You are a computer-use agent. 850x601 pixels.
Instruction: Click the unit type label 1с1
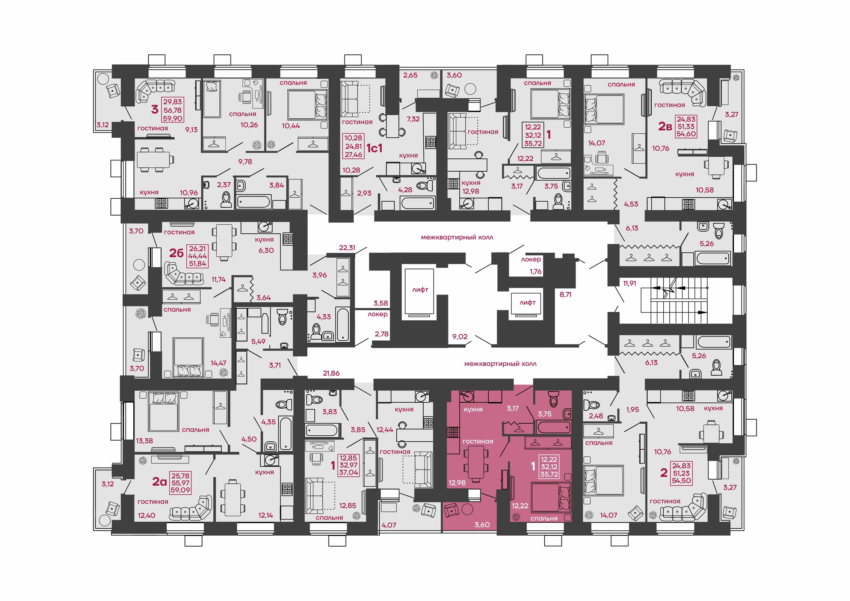[374, 148]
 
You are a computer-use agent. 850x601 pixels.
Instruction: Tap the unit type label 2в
[665, 127]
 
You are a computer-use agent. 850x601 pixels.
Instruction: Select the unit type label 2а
[159, 482]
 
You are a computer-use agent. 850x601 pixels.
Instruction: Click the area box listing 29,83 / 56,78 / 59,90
[172, 110]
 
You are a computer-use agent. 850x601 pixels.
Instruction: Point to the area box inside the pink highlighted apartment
[549, 467]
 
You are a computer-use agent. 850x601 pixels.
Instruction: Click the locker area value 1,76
[536, 271]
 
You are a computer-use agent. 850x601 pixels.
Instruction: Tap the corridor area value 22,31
[347, 248]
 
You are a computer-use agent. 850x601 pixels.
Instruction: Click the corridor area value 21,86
[331, 373]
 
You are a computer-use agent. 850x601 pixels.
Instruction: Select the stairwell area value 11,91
[630, 283]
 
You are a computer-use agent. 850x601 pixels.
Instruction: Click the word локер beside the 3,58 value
[377, 314]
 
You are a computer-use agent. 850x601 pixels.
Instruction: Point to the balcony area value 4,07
[389, 525]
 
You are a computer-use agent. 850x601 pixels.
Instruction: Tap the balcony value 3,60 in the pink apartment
[482, 525]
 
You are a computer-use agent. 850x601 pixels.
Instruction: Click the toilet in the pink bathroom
[553, 399]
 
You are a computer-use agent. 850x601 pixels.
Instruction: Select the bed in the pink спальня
[551, 498]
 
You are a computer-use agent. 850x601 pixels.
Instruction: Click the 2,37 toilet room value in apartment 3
[224, 185]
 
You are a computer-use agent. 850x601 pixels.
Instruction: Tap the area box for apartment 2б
[198, 256]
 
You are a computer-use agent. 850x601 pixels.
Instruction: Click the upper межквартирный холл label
[457, 237]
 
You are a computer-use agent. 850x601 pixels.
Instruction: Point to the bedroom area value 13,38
[145, 441]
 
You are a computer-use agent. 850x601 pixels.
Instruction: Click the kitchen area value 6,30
[266, 250]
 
